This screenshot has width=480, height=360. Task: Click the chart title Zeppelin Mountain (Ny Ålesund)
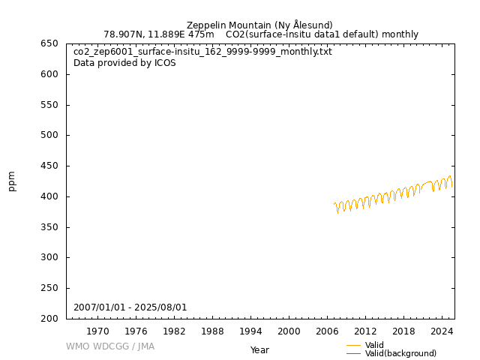259,25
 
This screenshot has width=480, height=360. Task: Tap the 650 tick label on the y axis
49,43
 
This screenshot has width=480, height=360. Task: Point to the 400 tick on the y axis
49,196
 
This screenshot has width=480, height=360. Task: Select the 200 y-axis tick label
49,319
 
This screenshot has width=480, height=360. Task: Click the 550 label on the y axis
49,105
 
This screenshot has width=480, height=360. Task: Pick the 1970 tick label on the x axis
97,331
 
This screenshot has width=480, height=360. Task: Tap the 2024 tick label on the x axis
442,331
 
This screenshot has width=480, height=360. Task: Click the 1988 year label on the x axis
212,331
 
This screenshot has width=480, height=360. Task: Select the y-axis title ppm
12,181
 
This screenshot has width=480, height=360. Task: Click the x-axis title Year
259,349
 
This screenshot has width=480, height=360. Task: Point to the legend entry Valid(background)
400,353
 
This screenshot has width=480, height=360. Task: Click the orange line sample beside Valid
353,345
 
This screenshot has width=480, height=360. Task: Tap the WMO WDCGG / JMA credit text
110,346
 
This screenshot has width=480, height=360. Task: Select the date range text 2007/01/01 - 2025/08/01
130,307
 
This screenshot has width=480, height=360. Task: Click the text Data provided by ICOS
124,63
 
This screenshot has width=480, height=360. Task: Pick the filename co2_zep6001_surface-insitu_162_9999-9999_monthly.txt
202,52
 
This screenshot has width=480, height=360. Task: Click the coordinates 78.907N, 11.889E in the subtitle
150,34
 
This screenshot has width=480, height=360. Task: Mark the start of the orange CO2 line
334,203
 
